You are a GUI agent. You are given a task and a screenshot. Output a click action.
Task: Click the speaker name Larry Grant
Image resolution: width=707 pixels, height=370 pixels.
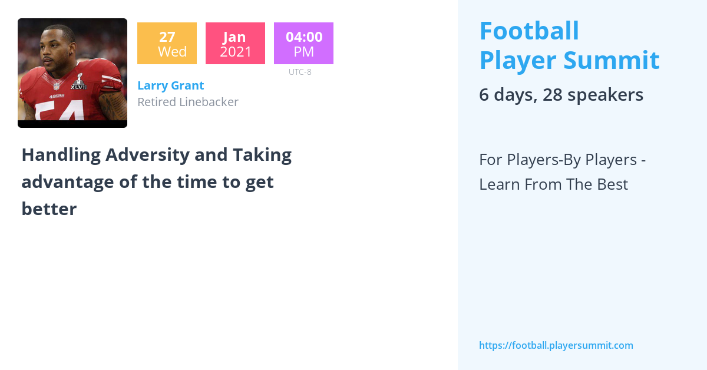point(170,85)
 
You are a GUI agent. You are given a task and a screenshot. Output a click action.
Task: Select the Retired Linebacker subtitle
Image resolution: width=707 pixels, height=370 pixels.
point(187,102)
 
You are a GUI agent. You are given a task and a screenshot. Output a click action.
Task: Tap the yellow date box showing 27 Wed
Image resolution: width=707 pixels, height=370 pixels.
point(167,44)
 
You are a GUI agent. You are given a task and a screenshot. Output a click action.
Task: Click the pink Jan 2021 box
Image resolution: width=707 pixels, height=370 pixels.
point(235,44)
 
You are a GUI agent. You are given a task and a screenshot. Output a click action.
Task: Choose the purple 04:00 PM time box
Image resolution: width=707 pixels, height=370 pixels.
point(303,44)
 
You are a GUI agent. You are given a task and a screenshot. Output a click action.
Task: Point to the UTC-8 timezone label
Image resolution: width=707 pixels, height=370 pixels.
point(300,72)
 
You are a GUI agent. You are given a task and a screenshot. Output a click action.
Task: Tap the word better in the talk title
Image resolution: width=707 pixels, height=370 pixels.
point(49,209)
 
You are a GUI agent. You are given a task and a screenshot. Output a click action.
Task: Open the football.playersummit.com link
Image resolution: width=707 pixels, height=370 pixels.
point(556,345)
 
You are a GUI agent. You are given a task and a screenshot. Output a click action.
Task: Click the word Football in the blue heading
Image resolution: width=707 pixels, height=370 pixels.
point(529,31)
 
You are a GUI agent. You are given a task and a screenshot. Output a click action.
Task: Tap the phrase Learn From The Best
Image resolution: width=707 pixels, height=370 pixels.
point(553,184)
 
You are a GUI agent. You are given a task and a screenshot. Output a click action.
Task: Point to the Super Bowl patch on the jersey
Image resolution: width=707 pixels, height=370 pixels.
point(78,82)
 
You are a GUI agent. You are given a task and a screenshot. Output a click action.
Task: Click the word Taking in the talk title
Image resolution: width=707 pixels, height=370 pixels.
point(262,155)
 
